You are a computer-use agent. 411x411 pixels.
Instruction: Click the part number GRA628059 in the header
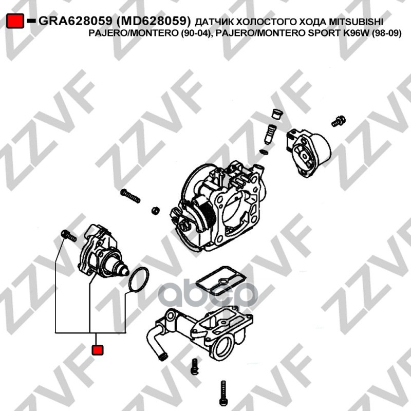[76, 21]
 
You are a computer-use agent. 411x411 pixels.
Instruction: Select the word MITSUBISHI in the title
[356, 22]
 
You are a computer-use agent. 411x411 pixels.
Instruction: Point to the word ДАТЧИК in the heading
[214, 22]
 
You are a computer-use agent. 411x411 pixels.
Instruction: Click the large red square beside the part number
[15, 21]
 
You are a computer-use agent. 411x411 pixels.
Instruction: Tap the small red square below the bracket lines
[98, 350]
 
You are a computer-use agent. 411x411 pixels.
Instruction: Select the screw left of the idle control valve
[68, 235]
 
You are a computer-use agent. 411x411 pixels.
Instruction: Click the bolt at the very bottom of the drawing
[223, 394]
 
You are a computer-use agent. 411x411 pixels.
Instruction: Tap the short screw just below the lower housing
[195, 366]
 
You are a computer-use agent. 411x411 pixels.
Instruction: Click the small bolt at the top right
[339, 121]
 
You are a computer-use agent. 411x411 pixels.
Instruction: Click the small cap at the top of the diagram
[277, 114]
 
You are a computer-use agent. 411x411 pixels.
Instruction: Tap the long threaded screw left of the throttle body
[130, 196]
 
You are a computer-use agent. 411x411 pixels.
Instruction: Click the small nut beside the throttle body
[156, 210]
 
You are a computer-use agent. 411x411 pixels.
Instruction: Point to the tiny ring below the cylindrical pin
[264, 152]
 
